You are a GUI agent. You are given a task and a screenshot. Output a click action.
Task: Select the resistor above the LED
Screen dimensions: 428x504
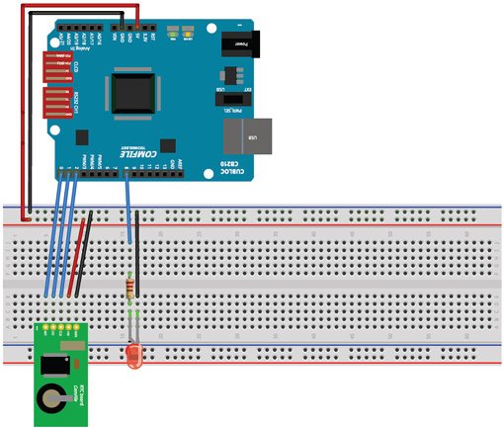131,288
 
